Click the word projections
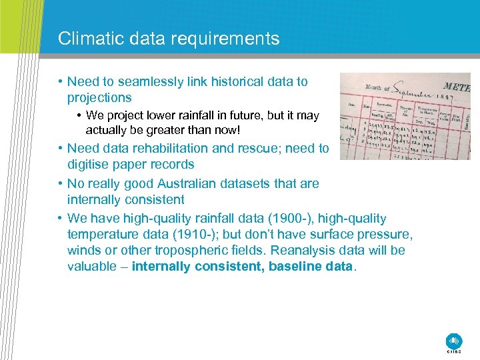pos(99,97)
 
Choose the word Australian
pos(197,183)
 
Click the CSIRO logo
pos(454,341)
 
